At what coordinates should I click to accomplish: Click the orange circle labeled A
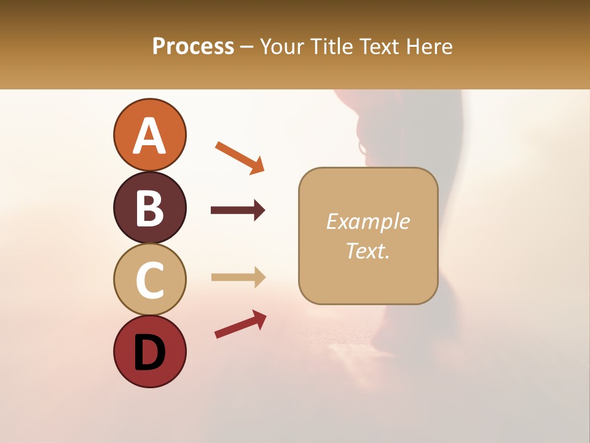click(x=149, y=135)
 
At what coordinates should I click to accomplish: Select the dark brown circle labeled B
click(x=149, y=207)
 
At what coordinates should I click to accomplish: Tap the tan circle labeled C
click(x=149, y=279)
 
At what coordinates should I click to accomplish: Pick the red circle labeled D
click(x=149, y=352)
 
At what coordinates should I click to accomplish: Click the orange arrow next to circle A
click(x=240, y=158)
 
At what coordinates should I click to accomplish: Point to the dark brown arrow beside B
click(x=238, y=210)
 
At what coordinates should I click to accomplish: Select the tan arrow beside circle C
click(x=238, y=277)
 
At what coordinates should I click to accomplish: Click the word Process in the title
click(x=193, y=47)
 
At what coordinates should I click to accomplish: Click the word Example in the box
click(x=368, y=221)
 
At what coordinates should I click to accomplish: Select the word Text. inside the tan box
click(x=368, y=250)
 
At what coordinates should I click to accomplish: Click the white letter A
click(x=149, y=135)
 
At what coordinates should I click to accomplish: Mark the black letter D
click(x=149, y=353)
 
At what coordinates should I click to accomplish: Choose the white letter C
click(x=149, y=280)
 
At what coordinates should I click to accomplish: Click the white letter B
click(x=149, y=208)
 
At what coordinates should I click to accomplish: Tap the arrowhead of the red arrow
click(x=259, y=317)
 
